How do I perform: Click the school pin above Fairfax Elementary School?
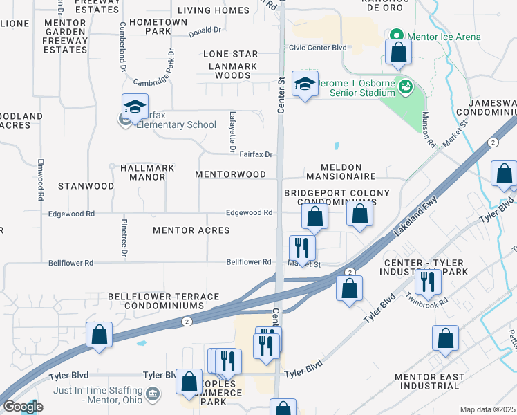click(x=135, y=107)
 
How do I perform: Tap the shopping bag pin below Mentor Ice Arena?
click(x=399, y=53)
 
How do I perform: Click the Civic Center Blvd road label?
click(x=317, y=48)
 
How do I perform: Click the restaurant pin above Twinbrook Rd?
click(x=427, y=281)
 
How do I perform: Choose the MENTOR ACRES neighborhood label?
click(x=191, y=230)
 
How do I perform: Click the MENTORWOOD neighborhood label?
click(x=230, y=174)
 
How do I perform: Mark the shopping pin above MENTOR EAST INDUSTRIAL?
click(x=445, y=338)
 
